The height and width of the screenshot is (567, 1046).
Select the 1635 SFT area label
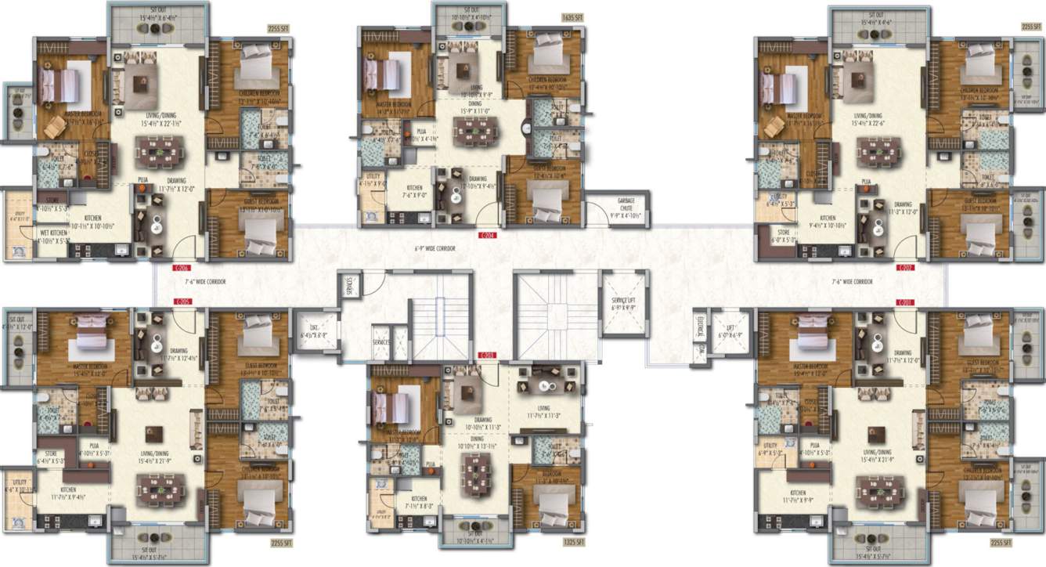572,16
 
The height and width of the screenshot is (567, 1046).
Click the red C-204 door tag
487,233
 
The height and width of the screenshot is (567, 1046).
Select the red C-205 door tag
182,301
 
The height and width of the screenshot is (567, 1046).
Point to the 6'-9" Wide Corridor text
435,248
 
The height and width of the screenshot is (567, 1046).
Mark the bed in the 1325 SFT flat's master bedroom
391,407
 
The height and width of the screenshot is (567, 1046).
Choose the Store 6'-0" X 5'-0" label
784,238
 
